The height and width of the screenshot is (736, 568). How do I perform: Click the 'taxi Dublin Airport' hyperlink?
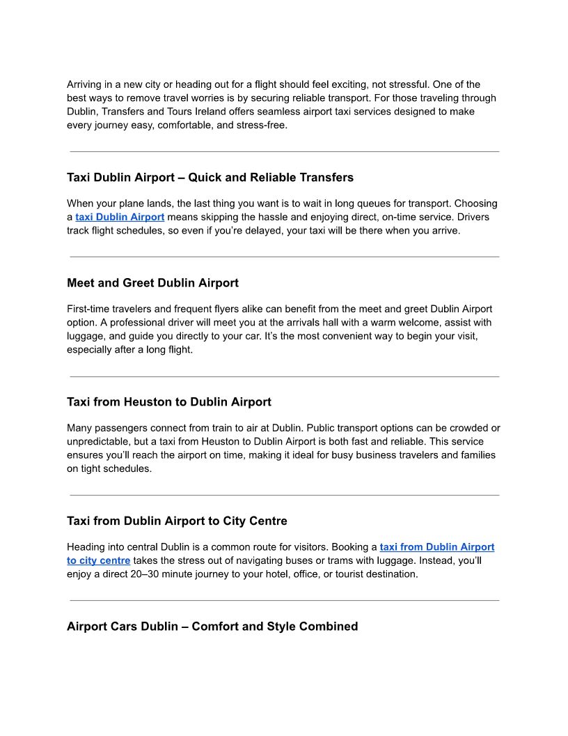(x=120, y=217)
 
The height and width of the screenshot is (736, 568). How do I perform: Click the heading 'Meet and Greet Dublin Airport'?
(x=152, y=283)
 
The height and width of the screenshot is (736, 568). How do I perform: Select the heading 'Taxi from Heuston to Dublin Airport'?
(x=169, y=402)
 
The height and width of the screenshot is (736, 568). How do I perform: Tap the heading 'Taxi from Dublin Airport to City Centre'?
(x=177, y=521)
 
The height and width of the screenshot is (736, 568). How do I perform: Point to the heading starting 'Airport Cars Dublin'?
(x=212, y=627)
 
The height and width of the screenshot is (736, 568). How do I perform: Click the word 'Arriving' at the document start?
(x=84, y=84)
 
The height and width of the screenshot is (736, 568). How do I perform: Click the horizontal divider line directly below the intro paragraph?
(x=284, y=151)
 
